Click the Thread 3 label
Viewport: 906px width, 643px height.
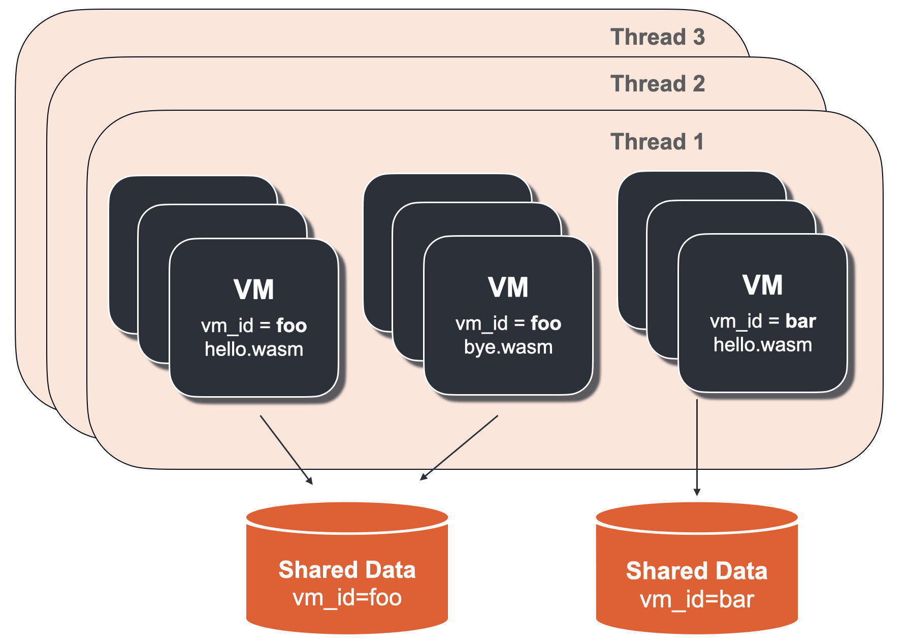[657, 37]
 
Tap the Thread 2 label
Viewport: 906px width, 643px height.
[657, 84]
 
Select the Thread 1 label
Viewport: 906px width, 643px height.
[657, 142]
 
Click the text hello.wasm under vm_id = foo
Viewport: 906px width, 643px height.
[254, 349]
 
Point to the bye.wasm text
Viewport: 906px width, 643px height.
[508, 347]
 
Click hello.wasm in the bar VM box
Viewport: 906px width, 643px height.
[762, 345]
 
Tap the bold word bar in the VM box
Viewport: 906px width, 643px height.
[800, 321]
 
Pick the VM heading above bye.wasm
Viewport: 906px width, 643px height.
[508, 287]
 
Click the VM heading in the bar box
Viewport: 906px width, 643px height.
[762, 285]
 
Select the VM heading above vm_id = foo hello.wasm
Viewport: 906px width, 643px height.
[254, 290]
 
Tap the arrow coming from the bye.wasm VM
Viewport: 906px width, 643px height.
[459, 447]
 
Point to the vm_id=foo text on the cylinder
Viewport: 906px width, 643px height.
[347, 598]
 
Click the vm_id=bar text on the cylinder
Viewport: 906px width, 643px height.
[697, 600]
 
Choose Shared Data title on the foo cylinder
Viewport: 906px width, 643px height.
[347, 570]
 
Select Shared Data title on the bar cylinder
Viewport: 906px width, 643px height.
[697, 571]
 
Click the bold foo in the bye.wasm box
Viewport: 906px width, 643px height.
[546, 324]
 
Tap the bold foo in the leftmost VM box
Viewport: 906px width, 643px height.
[292, 326]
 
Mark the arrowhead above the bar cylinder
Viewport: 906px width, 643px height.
[697, 492]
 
